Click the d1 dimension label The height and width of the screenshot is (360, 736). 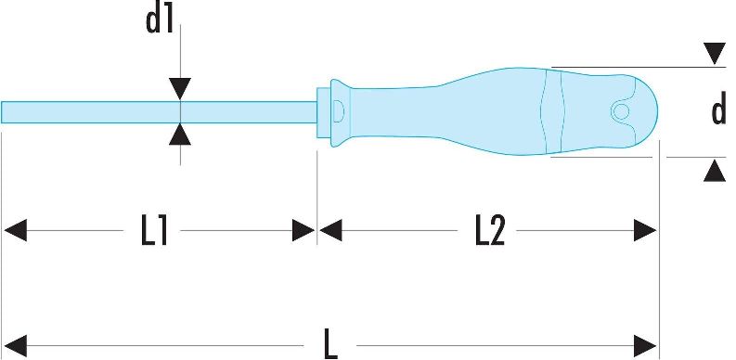pyautogui.click(x=160, y=20)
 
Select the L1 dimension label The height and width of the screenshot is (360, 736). pyautogui.click(x=154, y=231)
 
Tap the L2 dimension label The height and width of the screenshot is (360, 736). pyautogui.click(x=490, y=231)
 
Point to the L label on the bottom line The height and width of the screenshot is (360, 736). pyautogui.click(x=331, y=345)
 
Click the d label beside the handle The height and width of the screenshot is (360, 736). pyautogui.click(x=718, y=110)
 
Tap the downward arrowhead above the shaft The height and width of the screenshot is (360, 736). pyautogui.click(x=180, y=89)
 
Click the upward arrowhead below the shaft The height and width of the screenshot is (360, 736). pyautogui.click(x=180, y=135)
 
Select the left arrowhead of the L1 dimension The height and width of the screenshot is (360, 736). pyautogui.click(x=15, y=230)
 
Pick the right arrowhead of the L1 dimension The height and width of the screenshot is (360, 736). pyautogui.click(x=303, y=230)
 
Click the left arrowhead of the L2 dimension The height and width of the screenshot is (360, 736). pyautogui.click(x=330, y=230)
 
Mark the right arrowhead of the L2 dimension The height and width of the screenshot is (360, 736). pyautogui.click(x=645, y=230)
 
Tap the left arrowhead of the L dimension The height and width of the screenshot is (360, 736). pyautogui.click(x=15, y=346)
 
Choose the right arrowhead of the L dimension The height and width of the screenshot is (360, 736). pyautogui.click(x=645, y=346)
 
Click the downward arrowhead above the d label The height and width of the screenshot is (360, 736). pyautogui.click(x=715, y=54)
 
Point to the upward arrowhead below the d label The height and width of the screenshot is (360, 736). pyautogui.click(x=715, y=171)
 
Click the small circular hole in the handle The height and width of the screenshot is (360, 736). pyautogui.click(x=621, y=111)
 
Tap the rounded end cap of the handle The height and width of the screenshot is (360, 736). pyautogui.click(x=646, y=111)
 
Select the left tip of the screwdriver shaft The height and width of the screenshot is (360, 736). pyautogui.click(x=2, y=112)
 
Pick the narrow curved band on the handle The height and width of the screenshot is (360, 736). pyautogui.click(x=552, y=111)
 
